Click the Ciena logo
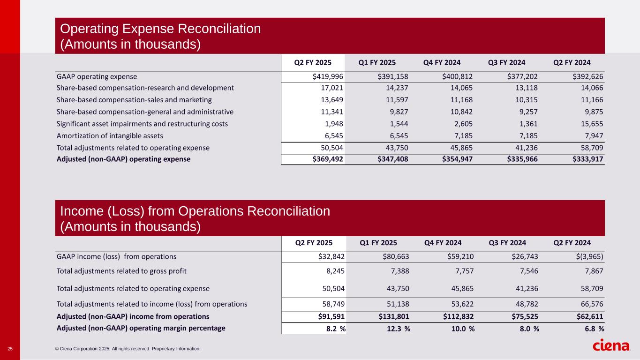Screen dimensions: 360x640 click(x=611, y=346)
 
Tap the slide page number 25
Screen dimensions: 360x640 click(x=10, y=349)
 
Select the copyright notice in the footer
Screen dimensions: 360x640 click(x=128, y=349)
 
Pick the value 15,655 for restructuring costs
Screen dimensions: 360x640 click(x=590, y=124)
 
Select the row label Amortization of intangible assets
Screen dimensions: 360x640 click(x=110, y=136)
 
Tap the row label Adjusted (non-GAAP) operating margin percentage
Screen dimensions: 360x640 click(x=141, y=328)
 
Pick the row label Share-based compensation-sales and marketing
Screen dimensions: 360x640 click(x=134, y=100)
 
